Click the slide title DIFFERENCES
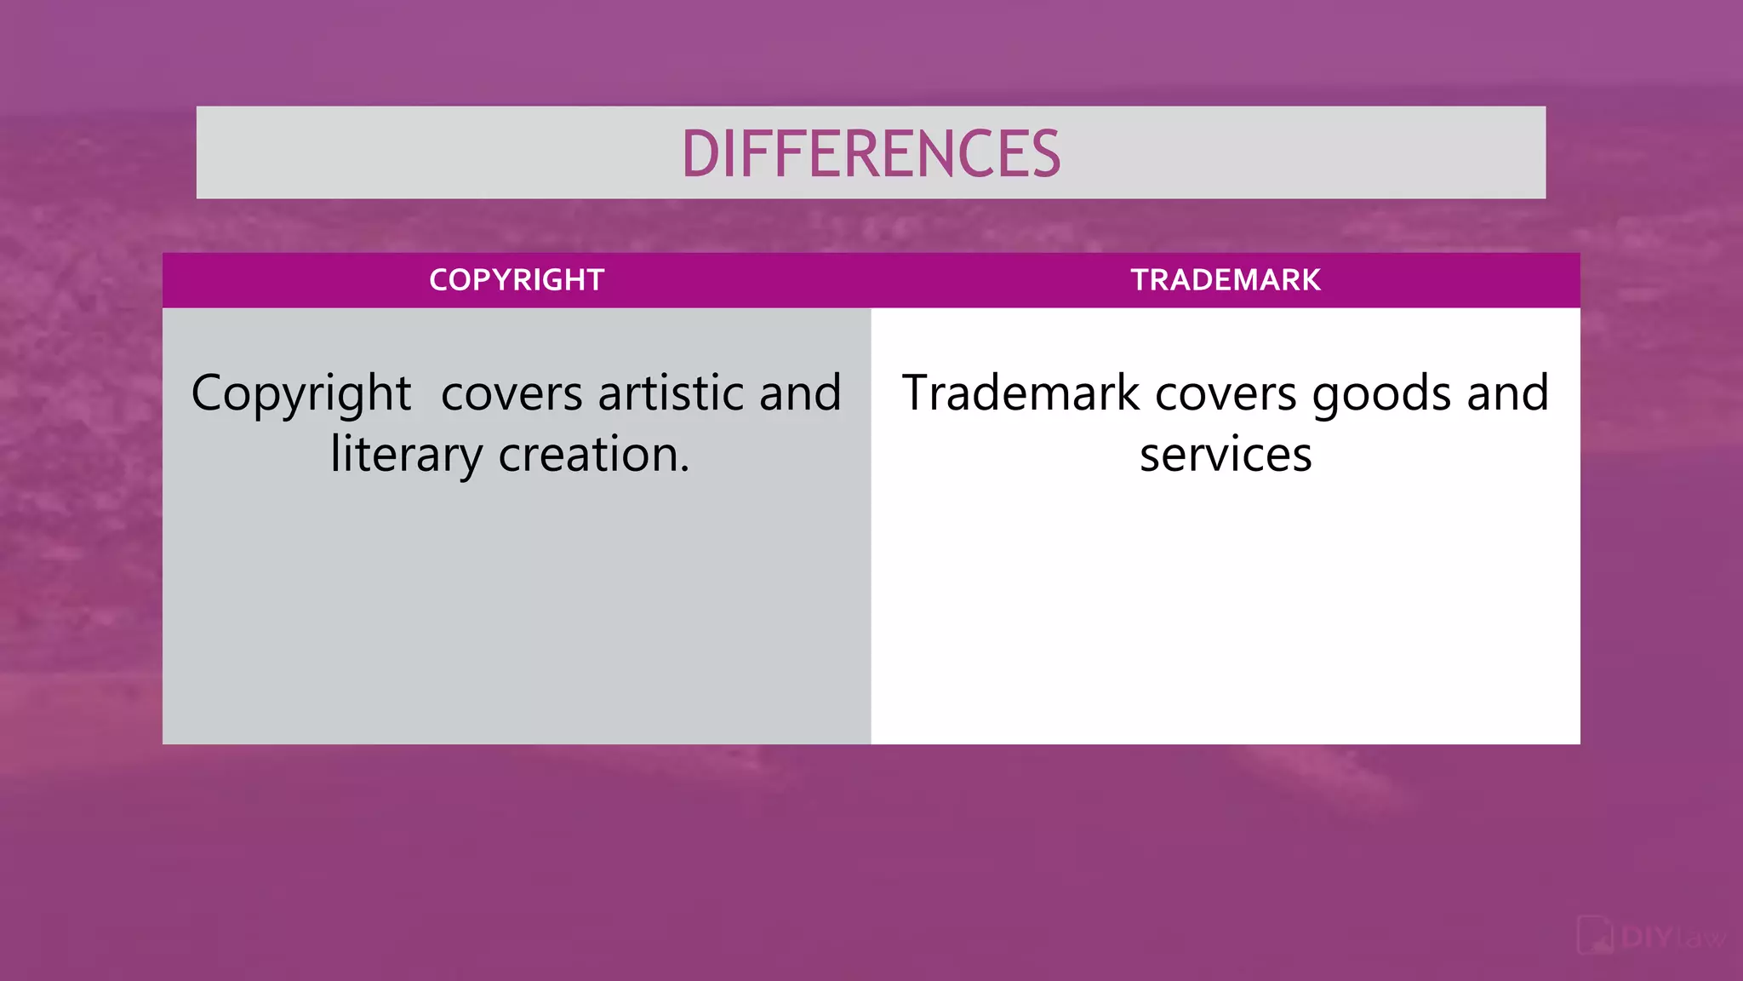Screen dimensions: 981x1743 click(871, 154)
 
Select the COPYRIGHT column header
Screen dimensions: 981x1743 click(517, 280)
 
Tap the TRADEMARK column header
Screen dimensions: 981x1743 click(1226, 280)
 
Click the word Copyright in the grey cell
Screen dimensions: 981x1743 click(301, 394)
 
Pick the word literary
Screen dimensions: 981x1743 click(406, 456)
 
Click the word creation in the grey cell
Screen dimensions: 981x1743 click(588, 455)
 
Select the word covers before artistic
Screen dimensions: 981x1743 click(511, 395)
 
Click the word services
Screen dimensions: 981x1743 click(1226, 456)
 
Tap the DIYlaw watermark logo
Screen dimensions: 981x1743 click(1652, 937)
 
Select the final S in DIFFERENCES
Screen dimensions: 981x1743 click(1043, 154)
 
